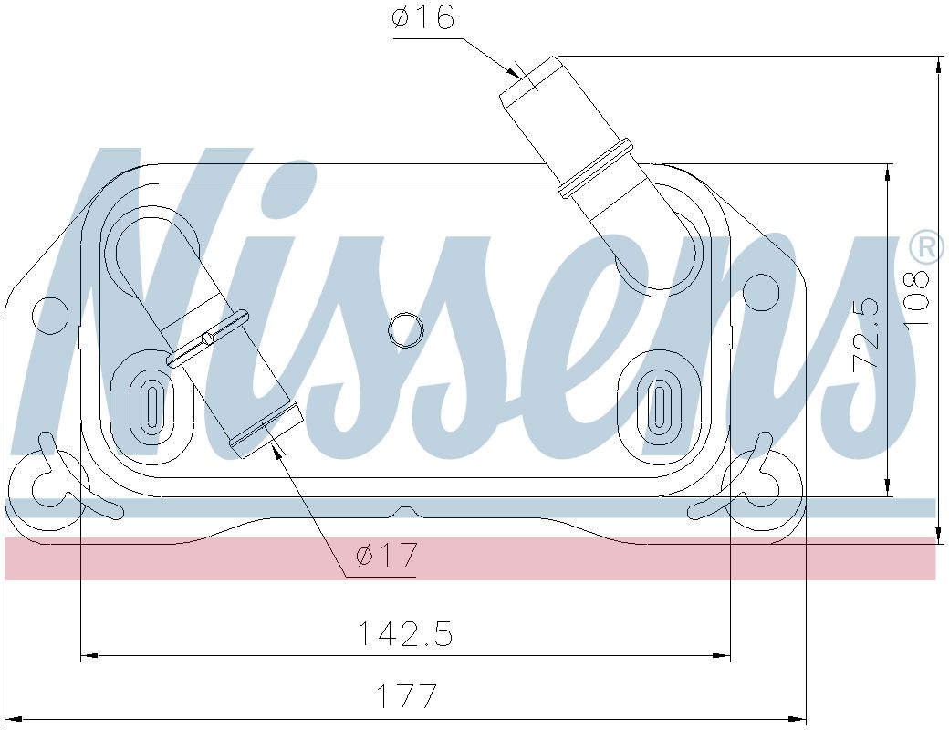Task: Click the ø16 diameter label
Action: pyautogui.click(x=422, y=17)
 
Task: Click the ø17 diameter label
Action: pyautogui.click(x=386, y=554)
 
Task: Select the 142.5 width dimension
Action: pyautogui.click(x=404, y=632)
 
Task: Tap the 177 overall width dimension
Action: pyautogui.click(x=408, y=696)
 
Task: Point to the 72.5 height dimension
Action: pyautogui.click(x=867, y=333)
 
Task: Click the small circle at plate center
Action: pyautogui.click(x=405, y=329)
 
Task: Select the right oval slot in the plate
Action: pyautogui.click(x=659, y=402)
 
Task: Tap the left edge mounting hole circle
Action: pyautogui.click(x=51, y=316)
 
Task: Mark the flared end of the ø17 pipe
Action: pyautogui.click(x=265, y=429)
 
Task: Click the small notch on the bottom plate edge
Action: pyautogui.click(x=406, y=509)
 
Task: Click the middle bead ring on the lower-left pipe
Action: pyautogui.click(x=208, y=339)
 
